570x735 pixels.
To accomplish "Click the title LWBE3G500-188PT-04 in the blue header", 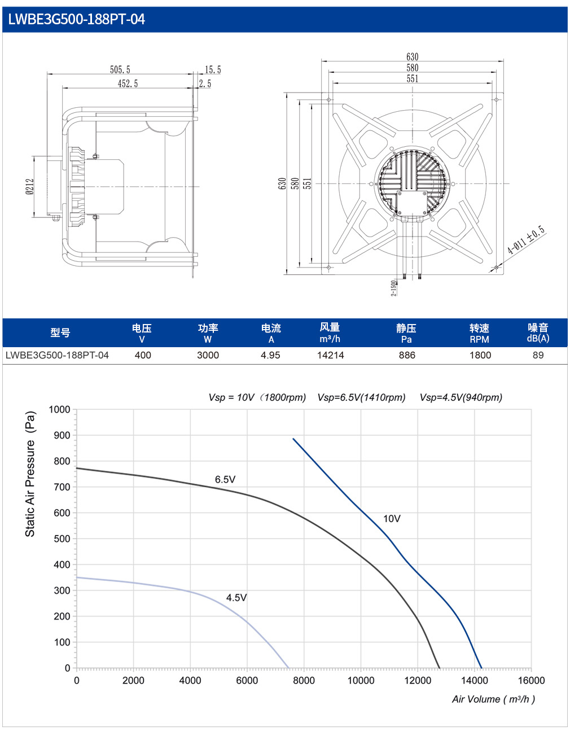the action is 76,19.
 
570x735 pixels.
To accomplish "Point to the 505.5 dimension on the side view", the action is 120,69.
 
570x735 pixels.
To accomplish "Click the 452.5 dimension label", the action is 128,84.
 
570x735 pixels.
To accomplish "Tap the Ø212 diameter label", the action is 30,187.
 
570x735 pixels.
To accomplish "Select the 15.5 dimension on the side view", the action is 213,69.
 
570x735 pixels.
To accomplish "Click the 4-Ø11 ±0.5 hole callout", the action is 527,240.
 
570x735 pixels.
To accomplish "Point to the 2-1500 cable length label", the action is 393,288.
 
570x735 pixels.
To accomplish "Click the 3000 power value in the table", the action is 208,355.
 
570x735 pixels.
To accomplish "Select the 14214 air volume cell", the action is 330,355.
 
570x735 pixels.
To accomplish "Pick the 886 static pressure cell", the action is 407,355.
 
